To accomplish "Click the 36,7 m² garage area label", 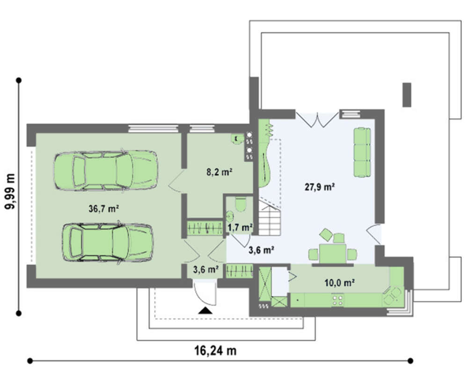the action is [104, 209].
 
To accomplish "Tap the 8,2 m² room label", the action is [219, 172].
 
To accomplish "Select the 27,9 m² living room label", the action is [319, 187].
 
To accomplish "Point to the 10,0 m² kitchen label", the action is [339, 283].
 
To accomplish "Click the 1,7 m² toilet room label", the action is [241, 228].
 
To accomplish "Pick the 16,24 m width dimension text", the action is [215, 351].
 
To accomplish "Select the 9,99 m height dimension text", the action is [10, 191].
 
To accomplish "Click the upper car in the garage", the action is [105, 170].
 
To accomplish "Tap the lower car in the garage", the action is [108, 243].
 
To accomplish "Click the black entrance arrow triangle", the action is [205, 311].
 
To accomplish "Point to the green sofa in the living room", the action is [362, 152].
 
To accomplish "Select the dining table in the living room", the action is [333, 254].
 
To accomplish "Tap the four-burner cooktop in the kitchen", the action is [337, 300].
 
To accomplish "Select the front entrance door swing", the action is [205, 292].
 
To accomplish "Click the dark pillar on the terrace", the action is [407, 95].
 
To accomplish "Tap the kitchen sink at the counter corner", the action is [392, 296].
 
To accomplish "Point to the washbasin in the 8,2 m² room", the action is [237, 139].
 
